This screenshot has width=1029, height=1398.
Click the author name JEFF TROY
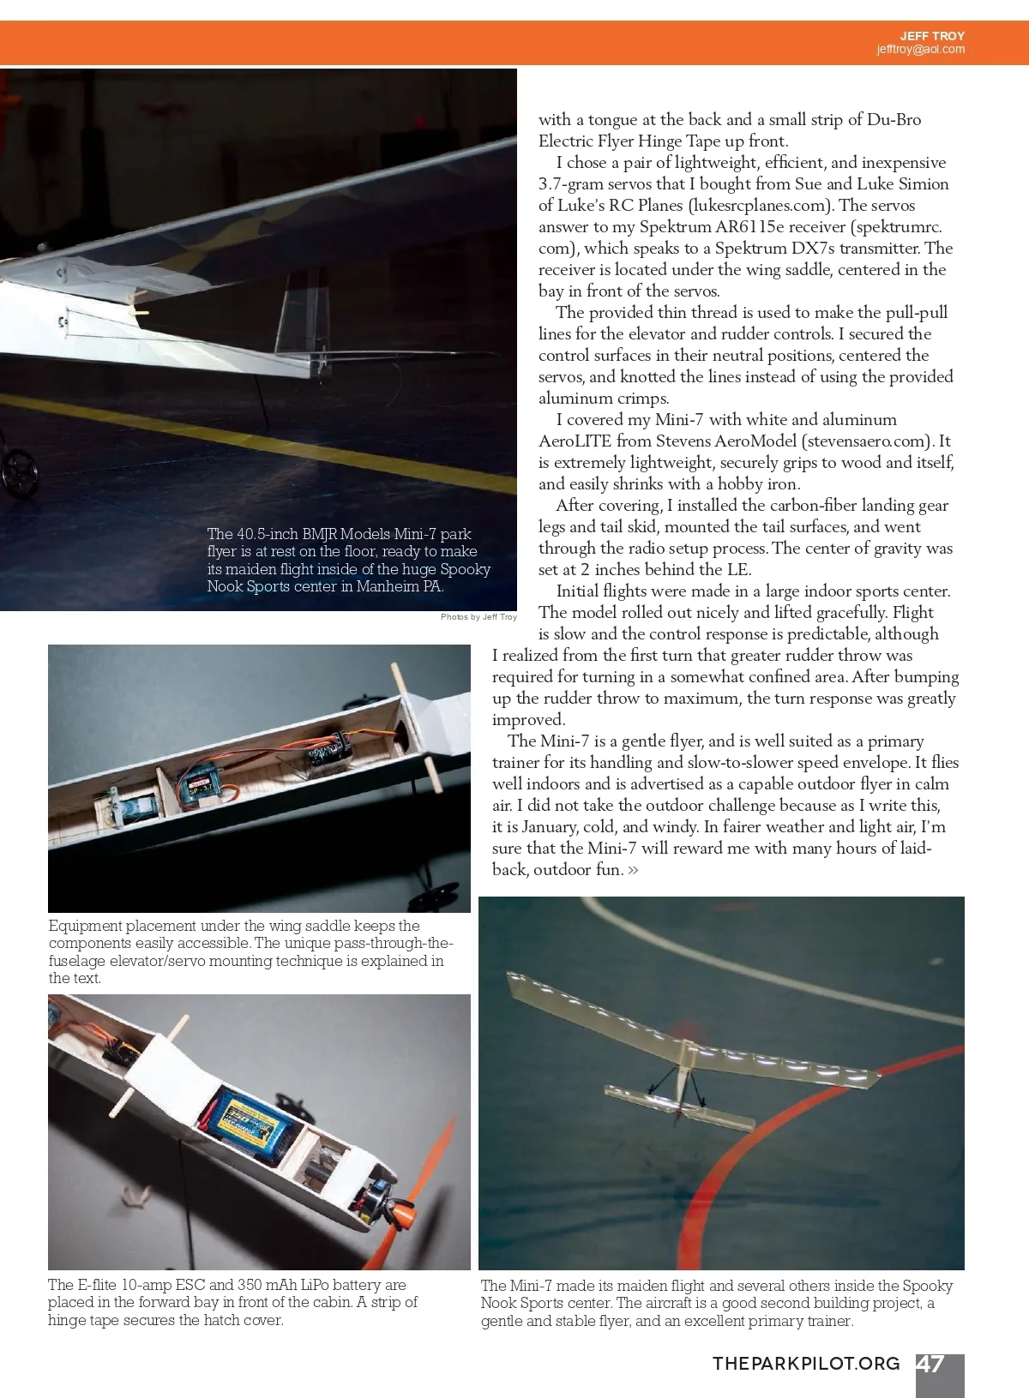932,36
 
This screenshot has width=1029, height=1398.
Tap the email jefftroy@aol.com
920,50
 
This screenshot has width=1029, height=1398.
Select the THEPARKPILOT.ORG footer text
806,1364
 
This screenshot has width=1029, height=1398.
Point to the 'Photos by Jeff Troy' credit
478,617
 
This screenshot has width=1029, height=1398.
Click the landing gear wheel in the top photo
16,466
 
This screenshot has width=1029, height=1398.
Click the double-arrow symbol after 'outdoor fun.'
633,870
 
